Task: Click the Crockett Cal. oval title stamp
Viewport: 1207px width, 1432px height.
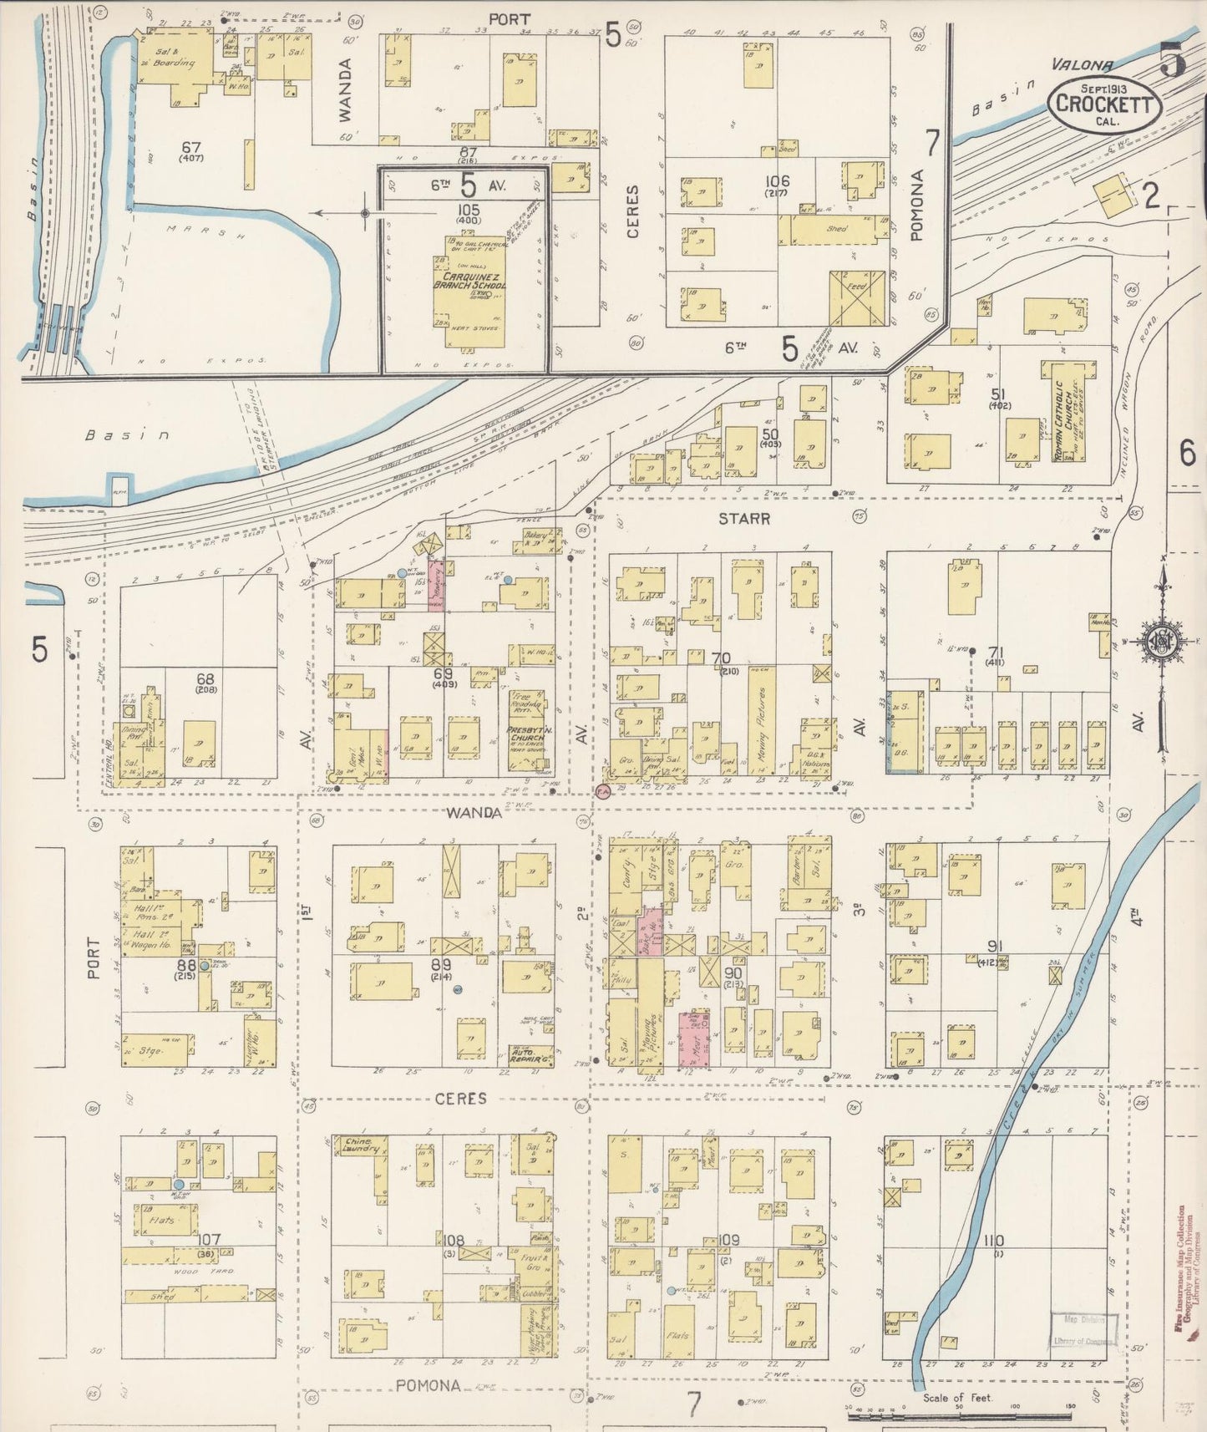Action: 1105,104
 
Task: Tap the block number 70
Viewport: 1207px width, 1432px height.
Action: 720,659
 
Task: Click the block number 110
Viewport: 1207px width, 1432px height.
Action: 993,1242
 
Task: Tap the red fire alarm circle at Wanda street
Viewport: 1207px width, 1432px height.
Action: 602,790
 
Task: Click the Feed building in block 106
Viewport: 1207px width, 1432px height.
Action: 857,298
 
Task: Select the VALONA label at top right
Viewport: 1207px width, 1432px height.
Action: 1082,63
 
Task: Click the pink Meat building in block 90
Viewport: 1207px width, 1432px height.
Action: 693,1038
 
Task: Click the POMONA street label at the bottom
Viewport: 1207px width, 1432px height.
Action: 428,1385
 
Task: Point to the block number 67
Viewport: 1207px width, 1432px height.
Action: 191,148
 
